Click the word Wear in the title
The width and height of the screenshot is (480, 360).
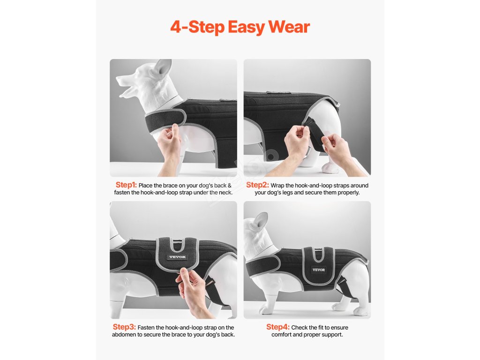tap(289, 27)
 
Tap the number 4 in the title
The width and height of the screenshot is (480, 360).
tap(176, 27)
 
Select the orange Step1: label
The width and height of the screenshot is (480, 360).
tap(126, 185)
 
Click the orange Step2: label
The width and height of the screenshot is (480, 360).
tap(257, 185)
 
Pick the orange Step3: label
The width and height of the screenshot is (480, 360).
tap(124, 327)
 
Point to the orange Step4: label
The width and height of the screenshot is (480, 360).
tap(277, 327)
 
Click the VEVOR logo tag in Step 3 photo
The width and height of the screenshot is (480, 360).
tap(177, 257)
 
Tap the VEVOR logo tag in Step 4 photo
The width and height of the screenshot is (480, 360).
tap(319, 270)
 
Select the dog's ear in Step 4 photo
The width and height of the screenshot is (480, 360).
tap(260, 221)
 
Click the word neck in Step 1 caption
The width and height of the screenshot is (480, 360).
tap(225, 193)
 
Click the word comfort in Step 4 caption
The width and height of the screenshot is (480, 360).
tap(281, 335)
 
